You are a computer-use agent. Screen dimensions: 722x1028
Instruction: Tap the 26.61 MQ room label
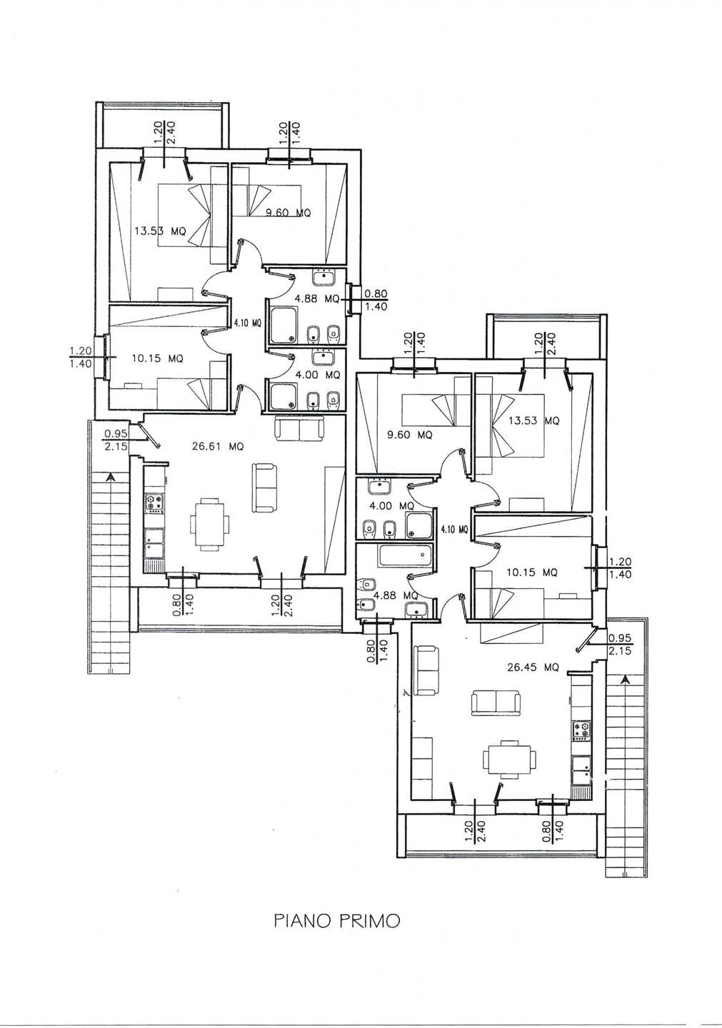tap(218, 445)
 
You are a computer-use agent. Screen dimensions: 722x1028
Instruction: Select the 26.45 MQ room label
tap(533, 667)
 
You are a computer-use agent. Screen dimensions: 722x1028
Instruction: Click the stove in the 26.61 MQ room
tap(155, 503)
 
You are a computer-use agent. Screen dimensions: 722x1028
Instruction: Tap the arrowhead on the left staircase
tap(109, 478)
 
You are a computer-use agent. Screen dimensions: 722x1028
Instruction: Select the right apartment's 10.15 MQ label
tap(532, 573)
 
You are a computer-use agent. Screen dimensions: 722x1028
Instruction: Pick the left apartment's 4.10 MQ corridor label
tap(248, 323)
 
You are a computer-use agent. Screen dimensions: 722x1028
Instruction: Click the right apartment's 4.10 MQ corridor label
tap(454, 529)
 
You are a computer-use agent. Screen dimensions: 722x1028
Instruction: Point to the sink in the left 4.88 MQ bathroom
tap(324, 277)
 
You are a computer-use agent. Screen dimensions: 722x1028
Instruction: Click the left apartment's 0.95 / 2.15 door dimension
tap(116, 439)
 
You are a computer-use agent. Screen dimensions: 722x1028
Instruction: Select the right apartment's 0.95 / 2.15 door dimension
tap(620, 645)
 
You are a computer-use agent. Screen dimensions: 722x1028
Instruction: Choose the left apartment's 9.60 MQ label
tap(289, 213)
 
